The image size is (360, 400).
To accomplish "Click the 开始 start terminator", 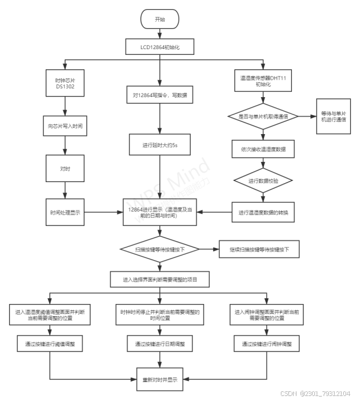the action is tap(159, 19).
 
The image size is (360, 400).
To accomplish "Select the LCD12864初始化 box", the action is tap(159, 46).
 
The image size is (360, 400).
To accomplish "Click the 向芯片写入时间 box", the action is tap(65, 125).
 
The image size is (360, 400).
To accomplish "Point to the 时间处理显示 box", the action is tap(65, 213).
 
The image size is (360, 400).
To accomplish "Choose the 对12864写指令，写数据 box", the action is tap(159, 94).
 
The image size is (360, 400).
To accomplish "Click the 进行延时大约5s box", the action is tap(159, 146).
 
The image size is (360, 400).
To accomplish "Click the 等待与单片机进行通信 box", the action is tap(332, 116).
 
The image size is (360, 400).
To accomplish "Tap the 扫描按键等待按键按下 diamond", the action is tap(159, 250).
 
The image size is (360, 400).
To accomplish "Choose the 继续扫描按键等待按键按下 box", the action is tap(259, 250).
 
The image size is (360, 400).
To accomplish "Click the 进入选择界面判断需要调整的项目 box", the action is tap(159, 280).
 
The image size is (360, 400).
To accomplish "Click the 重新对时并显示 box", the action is tap(159, 380).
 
